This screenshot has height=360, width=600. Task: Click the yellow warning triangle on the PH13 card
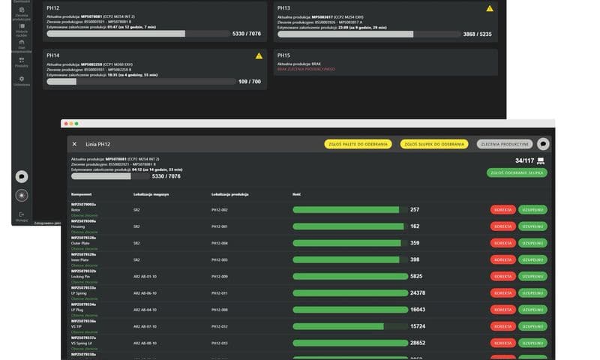point(489,8)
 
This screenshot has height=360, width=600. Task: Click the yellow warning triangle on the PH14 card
point(259,55)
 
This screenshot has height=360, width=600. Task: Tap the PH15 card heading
point(283,55)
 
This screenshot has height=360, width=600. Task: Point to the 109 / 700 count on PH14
point(250,81)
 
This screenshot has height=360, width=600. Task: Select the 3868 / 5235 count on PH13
point(477,34)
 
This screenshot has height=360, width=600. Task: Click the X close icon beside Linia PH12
point(74,144)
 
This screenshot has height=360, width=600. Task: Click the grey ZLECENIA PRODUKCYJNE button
point(504,144)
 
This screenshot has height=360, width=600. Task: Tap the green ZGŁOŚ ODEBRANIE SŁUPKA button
point(517,172)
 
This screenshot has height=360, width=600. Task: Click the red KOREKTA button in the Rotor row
point(502,210)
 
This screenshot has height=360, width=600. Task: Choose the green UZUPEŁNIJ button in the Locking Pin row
point(532,276)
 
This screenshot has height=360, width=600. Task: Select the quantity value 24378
point(418,292)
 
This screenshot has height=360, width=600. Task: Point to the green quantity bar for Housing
point(348,226)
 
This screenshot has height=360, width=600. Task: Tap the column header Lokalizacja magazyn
point(151,194)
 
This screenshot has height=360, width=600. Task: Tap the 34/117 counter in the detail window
point(524,160)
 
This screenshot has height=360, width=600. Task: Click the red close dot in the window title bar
point(64,124)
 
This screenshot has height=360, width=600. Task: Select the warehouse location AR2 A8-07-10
point(145,326)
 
